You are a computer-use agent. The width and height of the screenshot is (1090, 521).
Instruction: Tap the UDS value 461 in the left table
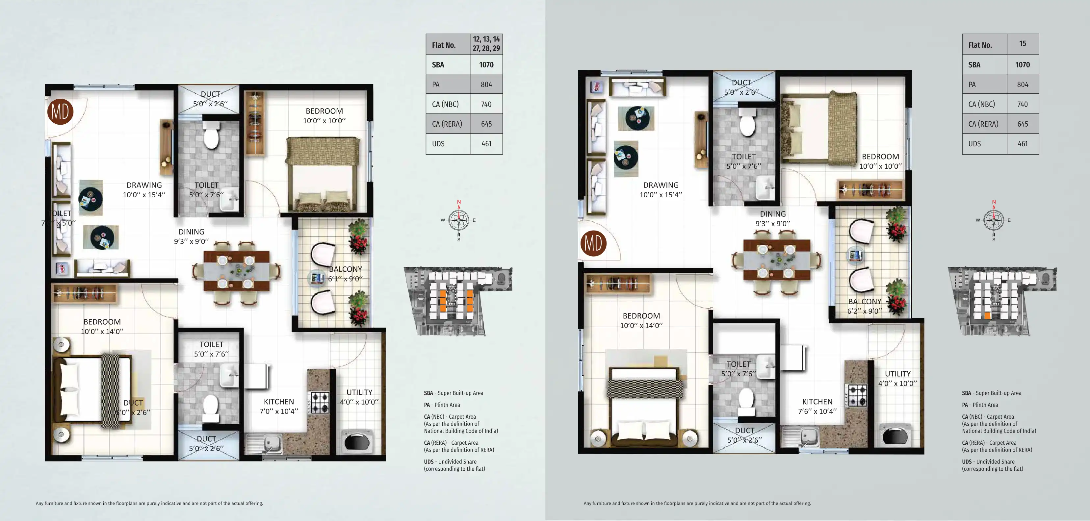tap(486, 144)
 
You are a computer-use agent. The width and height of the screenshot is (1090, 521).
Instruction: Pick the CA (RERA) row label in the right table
tap(983, 124)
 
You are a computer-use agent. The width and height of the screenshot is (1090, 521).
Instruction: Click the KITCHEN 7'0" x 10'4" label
tap(278, 406)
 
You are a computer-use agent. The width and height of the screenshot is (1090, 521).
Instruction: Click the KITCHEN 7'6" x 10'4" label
tap(817, 406)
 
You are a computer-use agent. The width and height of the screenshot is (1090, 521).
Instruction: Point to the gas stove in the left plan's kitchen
tap(320, 402)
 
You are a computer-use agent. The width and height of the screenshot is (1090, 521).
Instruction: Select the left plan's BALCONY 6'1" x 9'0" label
tap(345, 274)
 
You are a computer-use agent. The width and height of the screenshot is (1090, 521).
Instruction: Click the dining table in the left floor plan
tap(236, 271)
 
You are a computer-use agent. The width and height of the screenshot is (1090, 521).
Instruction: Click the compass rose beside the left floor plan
tap(459, 220)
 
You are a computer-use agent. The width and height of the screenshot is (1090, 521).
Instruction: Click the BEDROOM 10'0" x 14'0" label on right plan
tap(641, 320)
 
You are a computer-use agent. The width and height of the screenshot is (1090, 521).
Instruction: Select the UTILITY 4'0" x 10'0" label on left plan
tap(359, 397)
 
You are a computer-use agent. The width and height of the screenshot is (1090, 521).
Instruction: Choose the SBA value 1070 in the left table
tap(486, 65)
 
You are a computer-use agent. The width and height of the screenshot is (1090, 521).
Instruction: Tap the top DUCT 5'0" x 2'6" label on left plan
tap(210, 99)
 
